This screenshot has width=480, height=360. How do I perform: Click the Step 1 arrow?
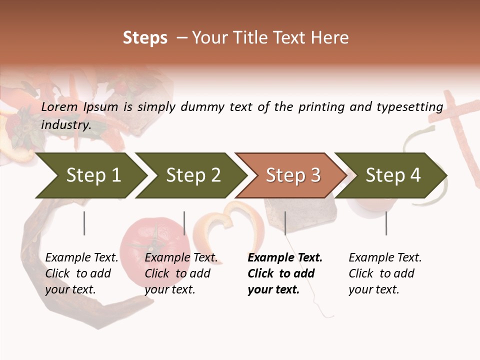click(x=90, y=175)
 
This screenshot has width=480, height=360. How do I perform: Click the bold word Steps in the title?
click(x=145, y=38)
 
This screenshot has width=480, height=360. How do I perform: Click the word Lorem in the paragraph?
click(x=59, y=107)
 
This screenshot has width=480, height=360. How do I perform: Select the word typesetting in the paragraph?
click(x=413, y=107)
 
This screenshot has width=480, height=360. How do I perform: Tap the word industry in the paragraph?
click(x=65, y=125)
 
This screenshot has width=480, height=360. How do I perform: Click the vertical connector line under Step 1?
click(x=84, y=223)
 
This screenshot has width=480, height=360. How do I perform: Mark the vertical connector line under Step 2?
click(x=184, y=223)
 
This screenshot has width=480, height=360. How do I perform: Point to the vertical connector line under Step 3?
click(x=285, y=223)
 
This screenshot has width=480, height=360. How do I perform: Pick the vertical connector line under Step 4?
click(x=386, y=223)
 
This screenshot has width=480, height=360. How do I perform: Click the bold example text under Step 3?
click(x=284, y=273)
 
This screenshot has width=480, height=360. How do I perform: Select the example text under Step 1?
click(x=81, y=273)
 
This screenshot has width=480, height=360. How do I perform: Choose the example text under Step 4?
click(x=384, y=273)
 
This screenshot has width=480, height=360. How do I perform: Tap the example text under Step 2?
click(x=181, y=273)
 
